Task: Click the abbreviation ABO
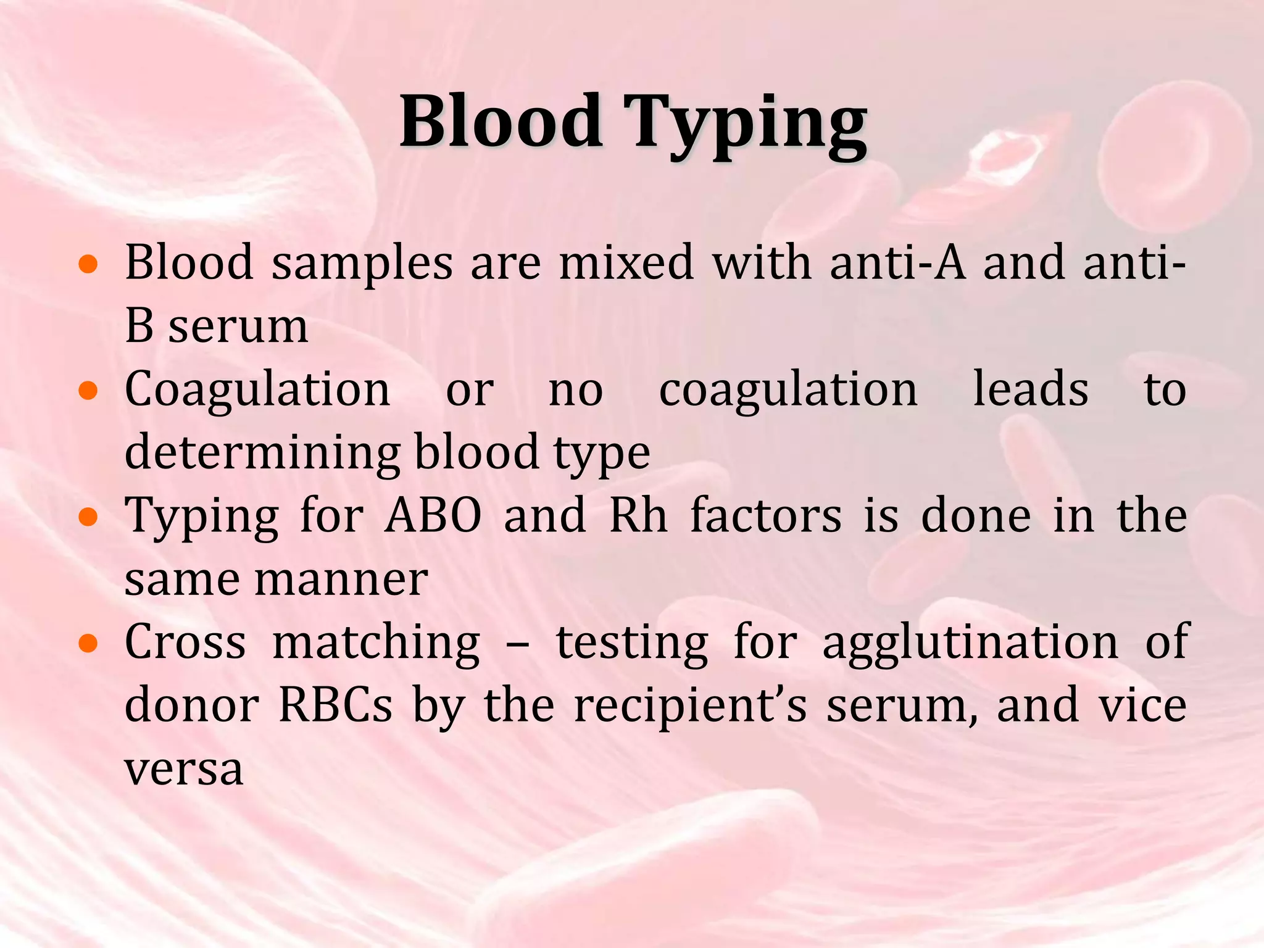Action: pos(433,516)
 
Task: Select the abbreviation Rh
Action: pos(639,516)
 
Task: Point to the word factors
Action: pos(766,516)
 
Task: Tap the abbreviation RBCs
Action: pos(336,706)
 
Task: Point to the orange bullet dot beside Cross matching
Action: pos(89,644)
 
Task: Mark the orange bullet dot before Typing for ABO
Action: pos(89,517)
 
